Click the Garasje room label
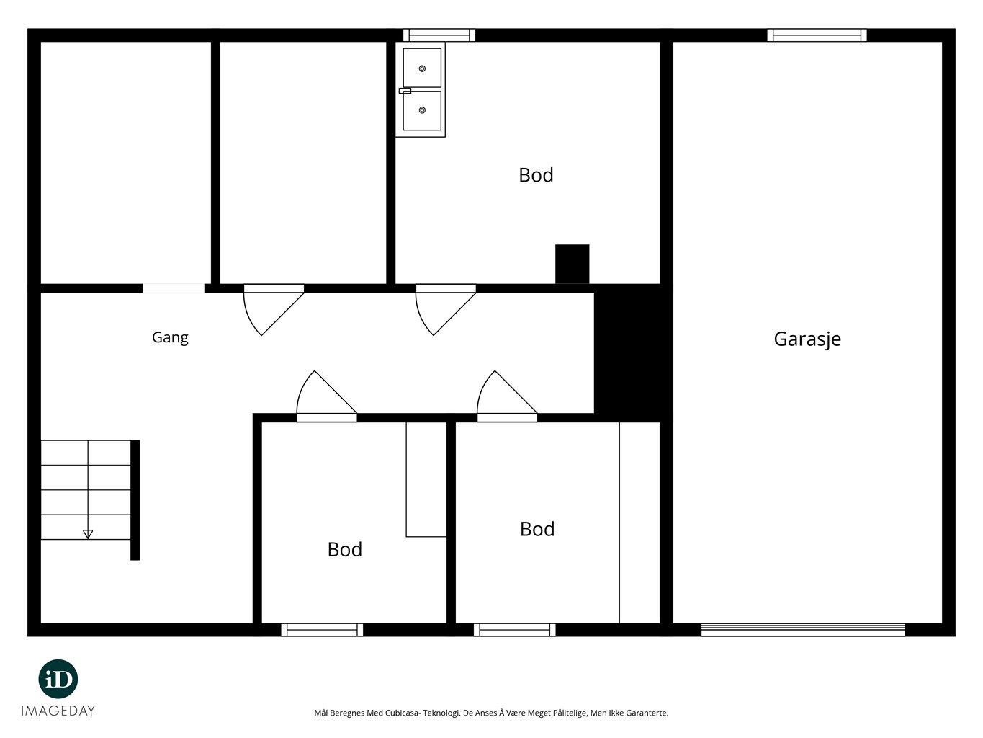[x=807, y=339]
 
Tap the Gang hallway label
[x=170, y=337]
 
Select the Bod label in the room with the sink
[x=536, y=174]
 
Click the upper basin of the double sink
[x=422, y=68]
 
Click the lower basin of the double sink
[x=422, y=111]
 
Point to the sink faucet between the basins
[x=405, y=91]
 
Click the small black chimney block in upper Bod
[x=572, y=264]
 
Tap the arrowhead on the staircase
[x=88, y=534]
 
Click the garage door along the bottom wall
[x=802, y=630]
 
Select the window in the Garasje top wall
[x=817, y=35]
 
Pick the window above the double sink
[x=439, y=35]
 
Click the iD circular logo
[x=58, y=680]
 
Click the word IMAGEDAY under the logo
[x=58, y=711]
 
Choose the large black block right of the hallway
[x=633, y=352]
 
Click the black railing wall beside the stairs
[x=135, y=500]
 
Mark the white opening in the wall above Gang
[x=174, y=288]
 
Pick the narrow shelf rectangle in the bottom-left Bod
[x=426, y=479]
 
